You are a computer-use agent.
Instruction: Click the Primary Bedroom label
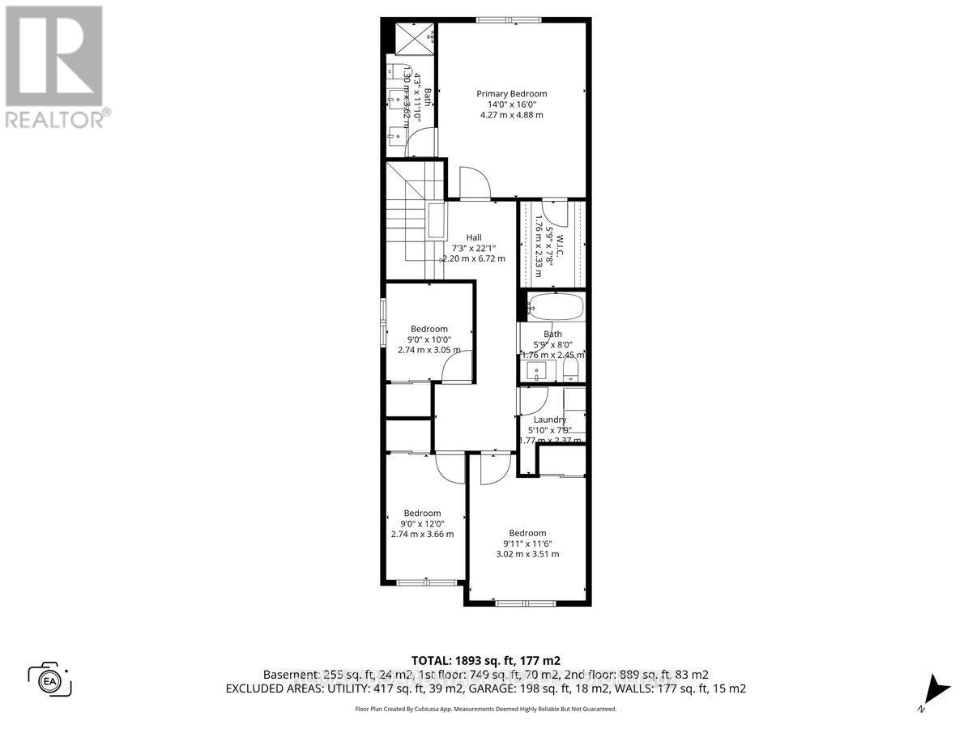(511, 94)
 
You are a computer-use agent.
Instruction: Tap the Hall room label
(473, 237)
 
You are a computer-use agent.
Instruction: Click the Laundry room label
(549, 420)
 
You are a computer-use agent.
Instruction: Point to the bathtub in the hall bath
(555, 308)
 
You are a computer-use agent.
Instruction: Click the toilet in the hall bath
(570, 370)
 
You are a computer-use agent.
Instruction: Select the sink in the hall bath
(535, 372)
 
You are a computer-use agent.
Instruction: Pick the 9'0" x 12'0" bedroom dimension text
(422, 523)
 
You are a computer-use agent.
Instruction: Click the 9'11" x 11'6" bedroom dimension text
(527, 544)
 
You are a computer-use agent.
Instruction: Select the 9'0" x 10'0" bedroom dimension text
(428, 340)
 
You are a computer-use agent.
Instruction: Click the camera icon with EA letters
(50, 678)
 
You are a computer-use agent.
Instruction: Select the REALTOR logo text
(57, 119)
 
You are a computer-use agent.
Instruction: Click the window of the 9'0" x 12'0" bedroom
(426, 582)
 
